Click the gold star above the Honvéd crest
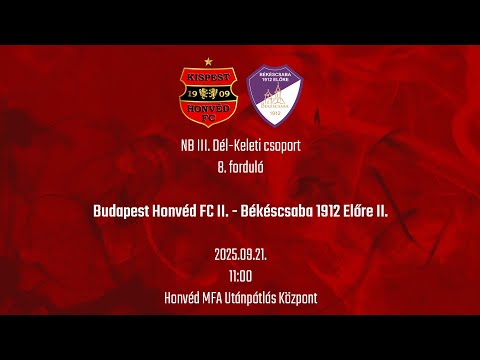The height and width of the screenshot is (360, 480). [208, 62]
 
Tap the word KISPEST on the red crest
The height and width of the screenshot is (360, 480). [208, 76]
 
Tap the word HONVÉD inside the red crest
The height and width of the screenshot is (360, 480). [208, 108]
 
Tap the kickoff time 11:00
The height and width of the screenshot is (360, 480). [240, 275]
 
